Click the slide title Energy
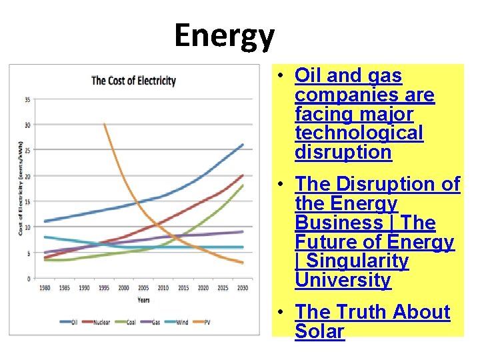point(224,37)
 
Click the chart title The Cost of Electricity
point(133,81)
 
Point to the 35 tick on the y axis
point(27,100)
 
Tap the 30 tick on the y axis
point(27,125)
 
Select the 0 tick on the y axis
point(29,278)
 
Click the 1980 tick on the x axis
point(45,288)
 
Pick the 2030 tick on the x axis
point(242,288)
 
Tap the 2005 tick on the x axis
point(143,288)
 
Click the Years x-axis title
point(143,299)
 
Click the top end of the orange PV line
point(105,124)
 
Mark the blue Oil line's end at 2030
point(243,145)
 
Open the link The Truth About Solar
point(373,321)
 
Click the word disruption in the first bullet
point(343,152)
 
